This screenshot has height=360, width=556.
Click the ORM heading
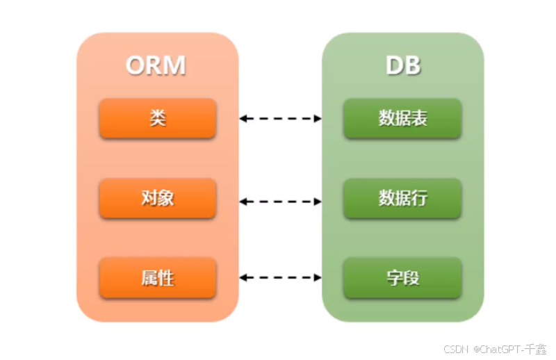click(156, 66)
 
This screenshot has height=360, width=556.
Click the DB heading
click(403, 66)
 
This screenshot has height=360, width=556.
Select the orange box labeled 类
click(158, 118)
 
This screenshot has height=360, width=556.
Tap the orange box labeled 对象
click(158, 199)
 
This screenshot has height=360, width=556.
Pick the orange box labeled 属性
click(158, 278)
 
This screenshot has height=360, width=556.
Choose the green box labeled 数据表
click(403, 118)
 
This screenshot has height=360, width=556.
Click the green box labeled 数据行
click(403, 199)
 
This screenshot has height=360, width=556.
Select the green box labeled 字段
click(403, 278)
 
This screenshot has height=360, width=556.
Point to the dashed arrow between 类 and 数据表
click(281, 118)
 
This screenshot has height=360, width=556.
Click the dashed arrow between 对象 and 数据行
click(281, 202)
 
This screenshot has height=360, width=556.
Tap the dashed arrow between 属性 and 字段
click(281, 278)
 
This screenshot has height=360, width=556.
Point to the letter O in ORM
click(136, 66)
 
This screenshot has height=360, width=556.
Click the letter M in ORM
click(175, 66)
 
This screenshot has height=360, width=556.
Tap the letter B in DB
click(412, 66)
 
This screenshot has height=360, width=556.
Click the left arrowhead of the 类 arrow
click(244, 118)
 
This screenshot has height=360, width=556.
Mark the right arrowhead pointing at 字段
click(318, 278)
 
